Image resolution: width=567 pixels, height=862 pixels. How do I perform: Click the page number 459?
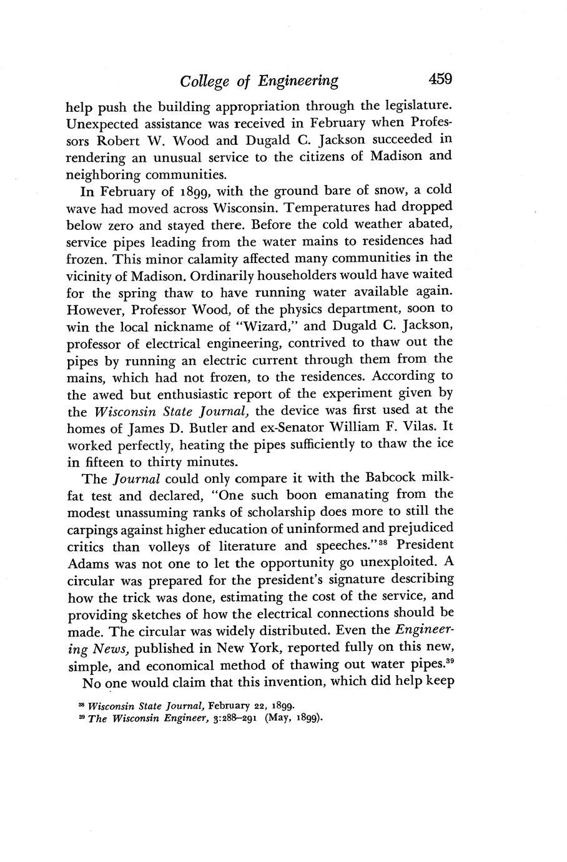[440, 79]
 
